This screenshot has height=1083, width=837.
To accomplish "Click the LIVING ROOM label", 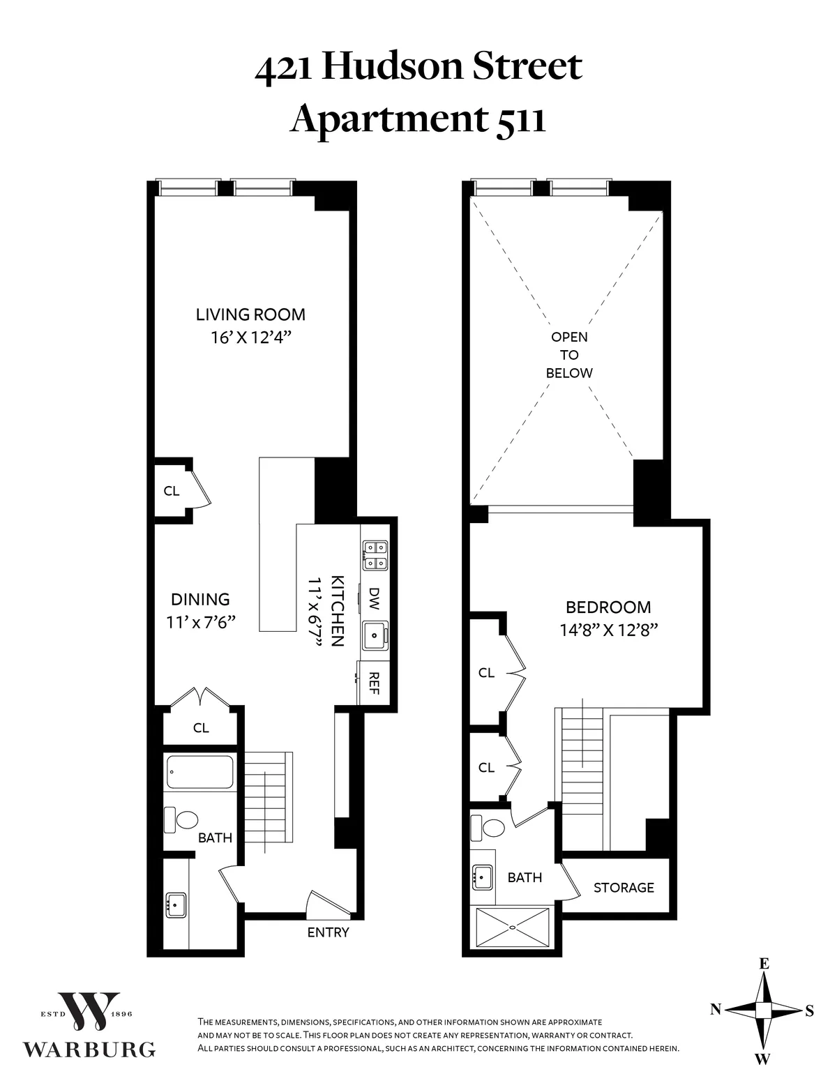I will [250, 315].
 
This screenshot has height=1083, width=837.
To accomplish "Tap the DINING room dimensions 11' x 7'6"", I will [201, 622].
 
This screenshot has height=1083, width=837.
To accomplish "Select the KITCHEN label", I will [337, 611].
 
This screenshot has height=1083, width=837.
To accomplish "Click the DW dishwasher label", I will [375, 596].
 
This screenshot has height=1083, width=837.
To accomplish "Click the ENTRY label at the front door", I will [328, 932].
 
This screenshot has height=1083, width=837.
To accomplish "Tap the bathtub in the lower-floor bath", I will [199, 772].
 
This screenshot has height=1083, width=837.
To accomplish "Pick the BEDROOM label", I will [608, 607].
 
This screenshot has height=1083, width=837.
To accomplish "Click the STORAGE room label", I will [624, 888].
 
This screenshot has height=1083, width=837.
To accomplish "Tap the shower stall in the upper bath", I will [513, 927].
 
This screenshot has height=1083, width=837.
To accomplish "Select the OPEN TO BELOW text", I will [569, 355].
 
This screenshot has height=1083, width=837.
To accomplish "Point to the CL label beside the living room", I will [171, 491].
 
